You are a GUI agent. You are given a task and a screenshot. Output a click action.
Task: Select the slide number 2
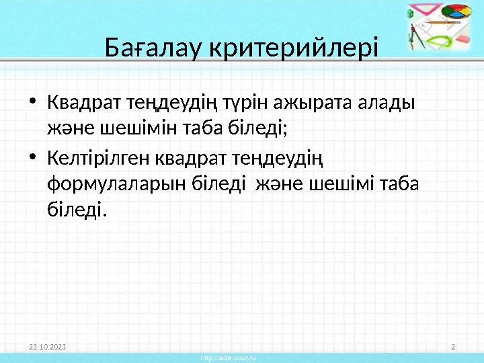[453, 346]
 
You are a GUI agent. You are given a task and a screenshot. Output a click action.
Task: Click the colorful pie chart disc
[456, 14]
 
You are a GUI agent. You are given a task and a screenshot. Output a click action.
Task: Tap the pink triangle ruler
[421, 13]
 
